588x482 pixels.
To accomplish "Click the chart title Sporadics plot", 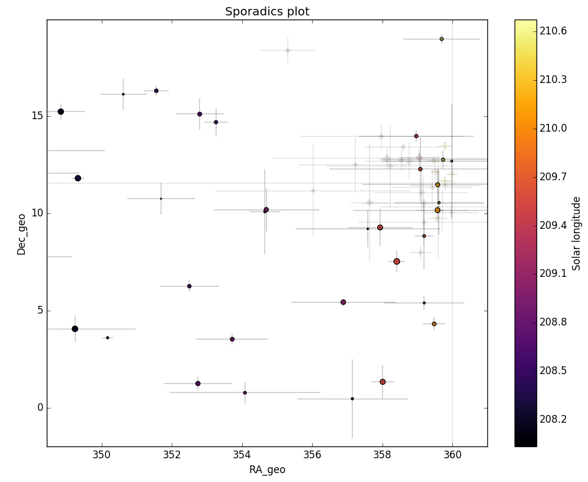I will (x=267, y=12).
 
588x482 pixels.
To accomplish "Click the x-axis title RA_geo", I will (x=267, y=470).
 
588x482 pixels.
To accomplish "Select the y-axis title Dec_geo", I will (x=22, y=233).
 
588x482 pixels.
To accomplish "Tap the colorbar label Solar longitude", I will (x=576, y=233).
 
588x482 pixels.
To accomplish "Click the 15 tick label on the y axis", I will (x=37, y=116).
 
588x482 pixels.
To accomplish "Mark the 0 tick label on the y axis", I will (x=40, y=408).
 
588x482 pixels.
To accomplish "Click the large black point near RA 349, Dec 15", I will (x=60, y=111).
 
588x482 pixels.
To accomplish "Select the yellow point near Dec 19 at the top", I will (x=442, y=39).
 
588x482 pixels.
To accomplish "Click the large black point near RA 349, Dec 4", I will (x=75, y=329).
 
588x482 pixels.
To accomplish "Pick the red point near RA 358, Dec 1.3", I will (x=383, y=382).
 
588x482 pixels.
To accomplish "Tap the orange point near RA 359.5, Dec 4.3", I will (x=434, y=324).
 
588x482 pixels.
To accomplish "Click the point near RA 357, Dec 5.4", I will (x=343, y=302).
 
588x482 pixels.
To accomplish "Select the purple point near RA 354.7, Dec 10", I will (x=266, y=210).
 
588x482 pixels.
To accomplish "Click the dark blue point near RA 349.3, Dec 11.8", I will (x=78, y=178).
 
